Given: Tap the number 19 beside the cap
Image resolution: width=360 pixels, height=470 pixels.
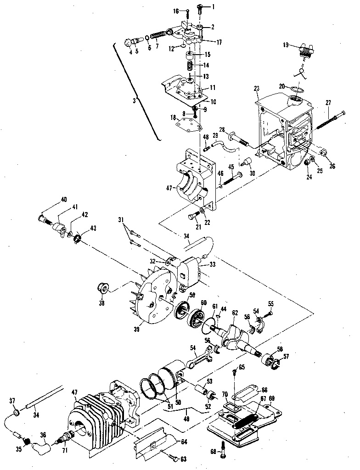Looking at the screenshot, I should pyautogui.click(x=285, y=45).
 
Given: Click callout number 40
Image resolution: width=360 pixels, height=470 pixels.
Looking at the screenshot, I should pyautogui.click(x=64, y=199).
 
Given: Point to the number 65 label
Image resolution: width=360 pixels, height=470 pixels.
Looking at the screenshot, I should pyautogui.click(x=242, y=367).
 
